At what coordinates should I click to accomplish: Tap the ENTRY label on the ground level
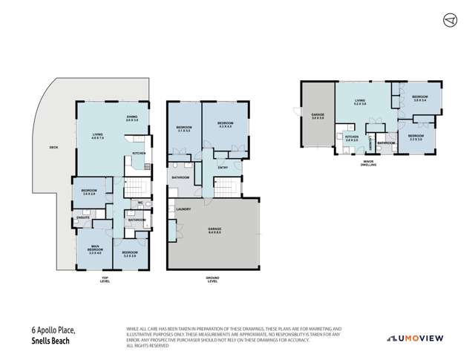click(223, 167)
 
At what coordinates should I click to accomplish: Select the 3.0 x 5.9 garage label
click(316, 116)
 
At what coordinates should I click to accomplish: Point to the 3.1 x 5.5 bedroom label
click(184, 128)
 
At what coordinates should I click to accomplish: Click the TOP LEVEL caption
click(105, 281)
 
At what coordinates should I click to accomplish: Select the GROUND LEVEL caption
click(212, 281)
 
